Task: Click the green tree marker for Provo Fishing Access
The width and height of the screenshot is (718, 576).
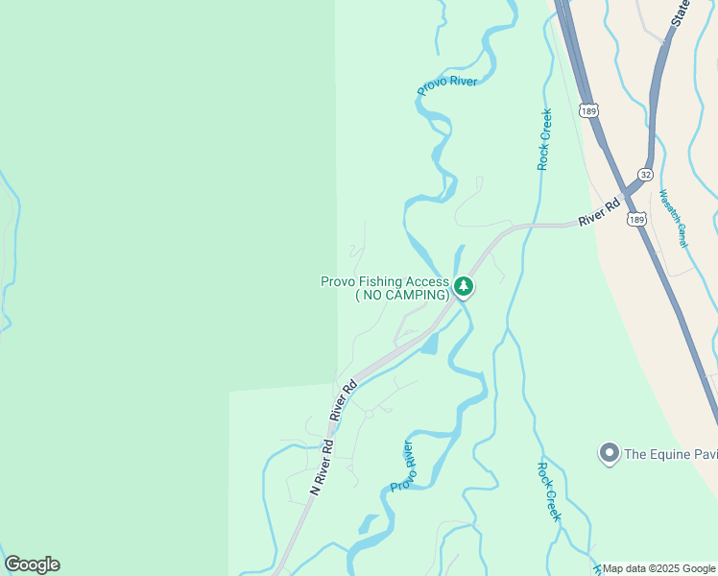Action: [x=464, y=286]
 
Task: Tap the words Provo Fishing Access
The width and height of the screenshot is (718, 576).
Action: [x=384, y=281]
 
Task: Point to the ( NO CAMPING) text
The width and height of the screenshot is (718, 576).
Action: [x=402, y=295]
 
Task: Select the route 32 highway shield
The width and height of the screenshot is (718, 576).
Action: [x=645, y=175]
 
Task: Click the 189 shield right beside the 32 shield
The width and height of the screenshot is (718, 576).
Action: [x=636, y=220]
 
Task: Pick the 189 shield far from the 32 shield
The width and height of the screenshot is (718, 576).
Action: [x=589, y=111]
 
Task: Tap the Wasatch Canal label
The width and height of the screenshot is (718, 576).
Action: [x=673, y=219]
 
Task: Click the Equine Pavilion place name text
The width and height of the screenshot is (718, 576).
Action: [x=670, y=453]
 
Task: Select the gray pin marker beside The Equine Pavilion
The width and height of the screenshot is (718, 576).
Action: [x=608, y=452]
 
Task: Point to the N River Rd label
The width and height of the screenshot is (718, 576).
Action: [x=322, y=467]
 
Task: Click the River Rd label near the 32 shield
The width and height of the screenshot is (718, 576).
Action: [x=599, y=213]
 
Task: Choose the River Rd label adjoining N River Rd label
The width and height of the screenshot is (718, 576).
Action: [x=344, y=400]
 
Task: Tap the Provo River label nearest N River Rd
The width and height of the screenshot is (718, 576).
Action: [x=402, y=467]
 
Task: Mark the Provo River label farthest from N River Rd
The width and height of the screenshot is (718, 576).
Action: [x=447, y=85]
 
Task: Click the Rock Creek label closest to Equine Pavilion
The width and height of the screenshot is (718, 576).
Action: [x=548, y=492]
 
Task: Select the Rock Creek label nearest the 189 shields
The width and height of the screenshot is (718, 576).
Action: [x=544, y=139]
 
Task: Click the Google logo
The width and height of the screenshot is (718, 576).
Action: [x=33, y=564]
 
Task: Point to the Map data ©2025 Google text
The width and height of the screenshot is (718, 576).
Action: [x=659, y=568]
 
